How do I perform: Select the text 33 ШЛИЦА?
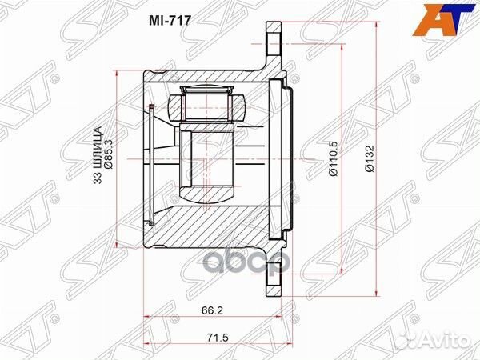[x=98, y=155]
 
